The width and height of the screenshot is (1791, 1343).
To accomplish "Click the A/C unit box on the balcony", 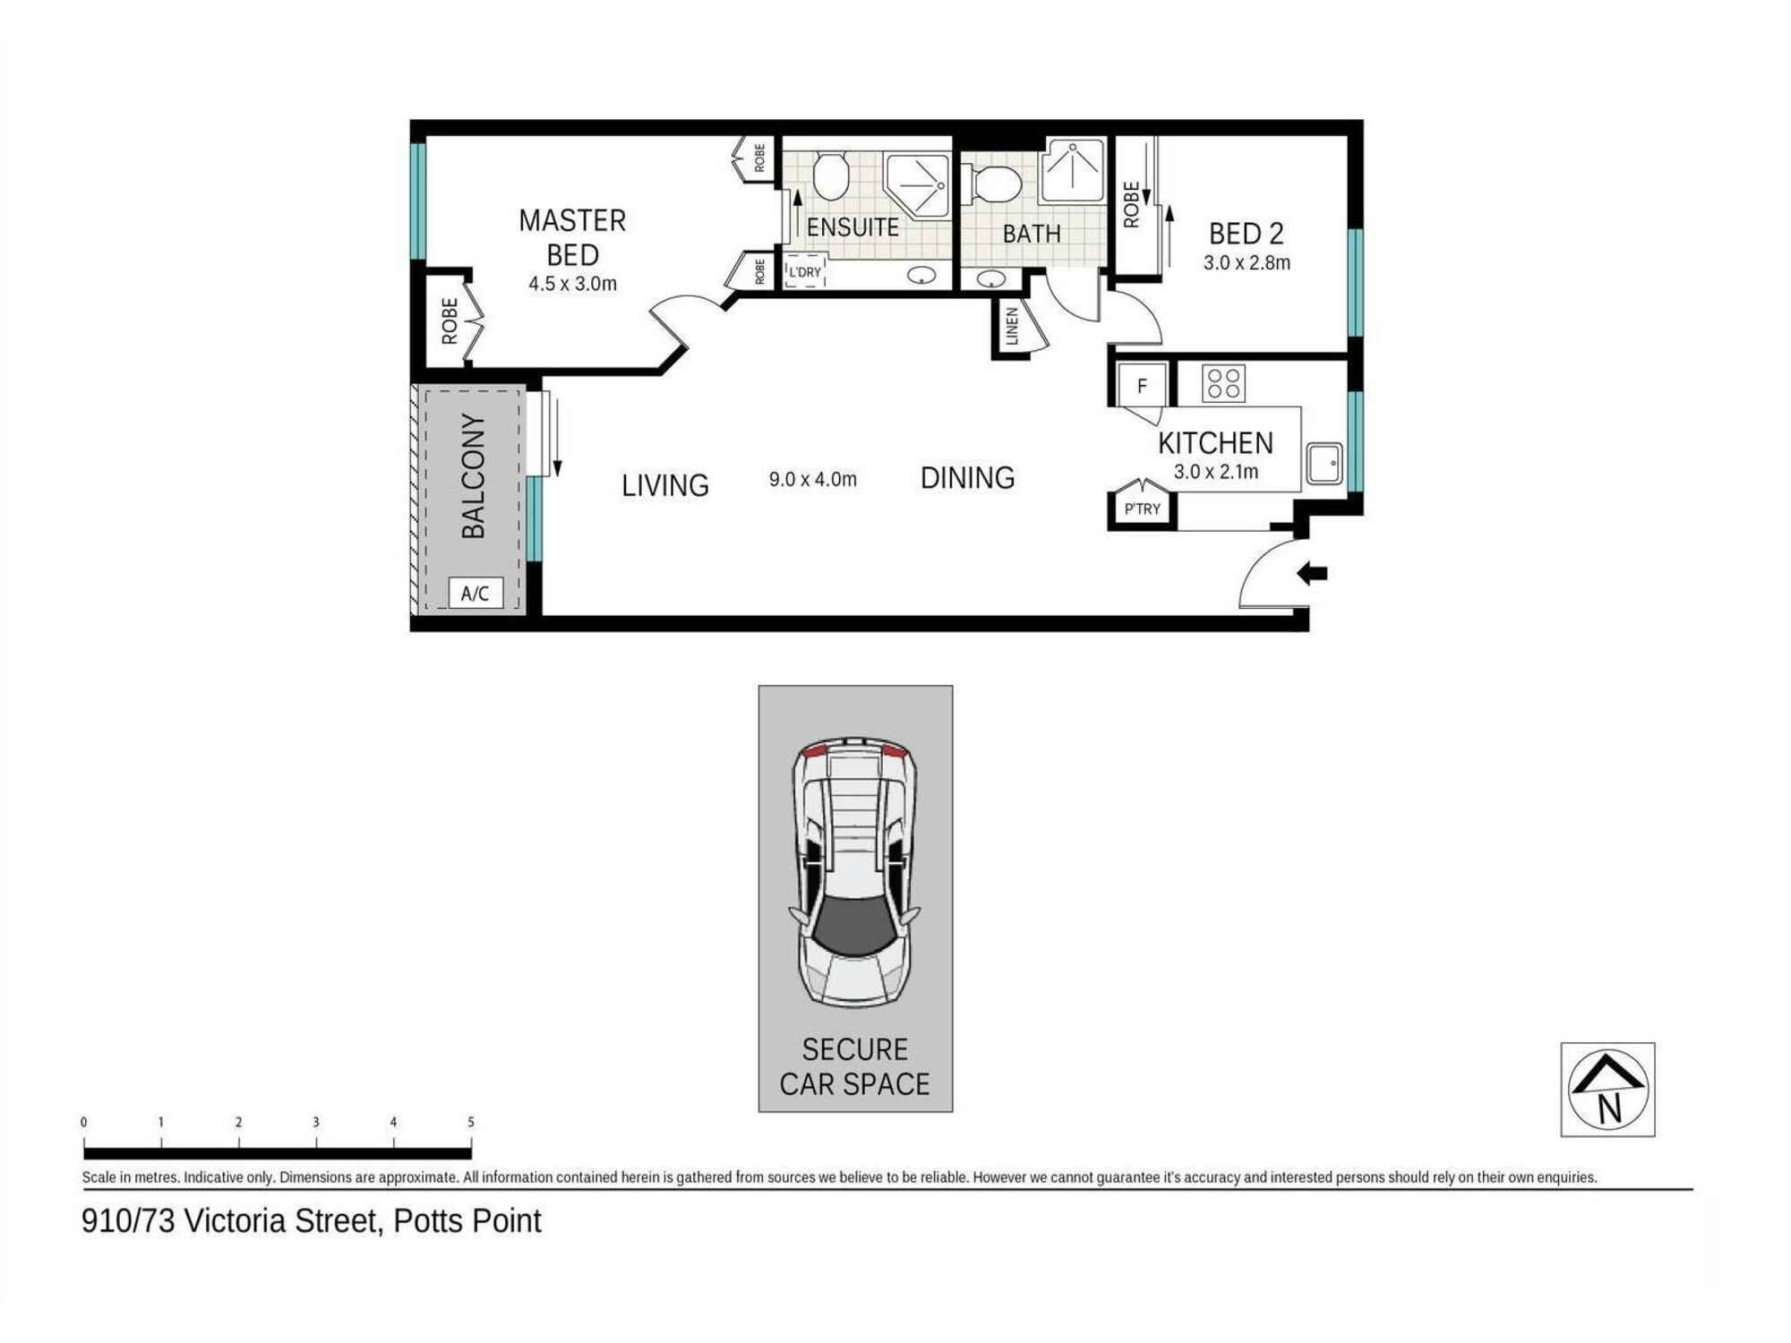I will tap(475, 593).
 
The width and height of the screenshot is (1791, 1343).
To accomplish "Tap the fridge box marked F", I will tap(1142, 386).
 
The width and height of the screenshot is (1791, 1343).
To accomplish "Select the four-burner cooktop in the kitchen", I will tap(1223, 383).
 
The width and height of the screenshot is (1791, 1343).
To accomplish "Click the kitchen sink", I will tap(1324, 464).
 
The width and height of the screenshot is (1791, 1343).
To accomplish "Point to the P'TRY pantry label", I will tap(1142, 509).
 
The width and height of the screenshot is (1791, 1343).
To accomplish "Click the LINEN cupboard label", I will tap(1012, 326).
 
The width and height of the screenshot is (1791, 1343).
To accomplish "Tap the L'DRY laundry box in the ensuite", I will tap(804, 272).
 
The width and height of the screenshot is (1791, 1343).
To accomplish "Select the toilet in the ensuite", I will tap(830, 175).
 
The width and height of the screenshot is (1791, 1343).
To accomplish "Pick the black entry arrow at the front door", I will tap(1313, 573).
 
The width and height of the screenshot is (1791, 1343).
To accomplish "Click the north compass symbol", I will tap(1607, 1090).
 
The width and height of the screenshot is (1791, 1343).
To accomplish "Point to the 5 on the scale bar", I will tap(471, 1122).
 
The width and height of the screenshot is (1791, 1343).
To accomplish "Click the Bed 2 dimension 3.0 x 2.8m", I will tap(1247, 263).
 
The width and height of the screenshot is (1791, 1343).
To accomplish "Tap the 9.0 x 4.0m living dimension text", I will tap(812, 479).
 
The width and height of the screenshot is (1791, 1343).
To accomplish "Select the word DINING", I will tap(967, 478).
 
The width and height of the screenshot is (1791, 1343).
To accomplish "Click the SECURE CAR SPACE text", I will tap(854, 1066).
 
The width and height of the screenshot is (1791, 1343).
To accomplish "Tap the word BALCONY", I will tap(473, 475).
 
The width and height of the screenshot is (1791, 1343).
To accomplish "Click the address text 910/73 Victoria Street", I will tap(311, 1221).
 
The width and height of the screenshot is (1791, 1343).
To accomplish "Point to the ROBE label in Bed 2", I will tap(1131, 204).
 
